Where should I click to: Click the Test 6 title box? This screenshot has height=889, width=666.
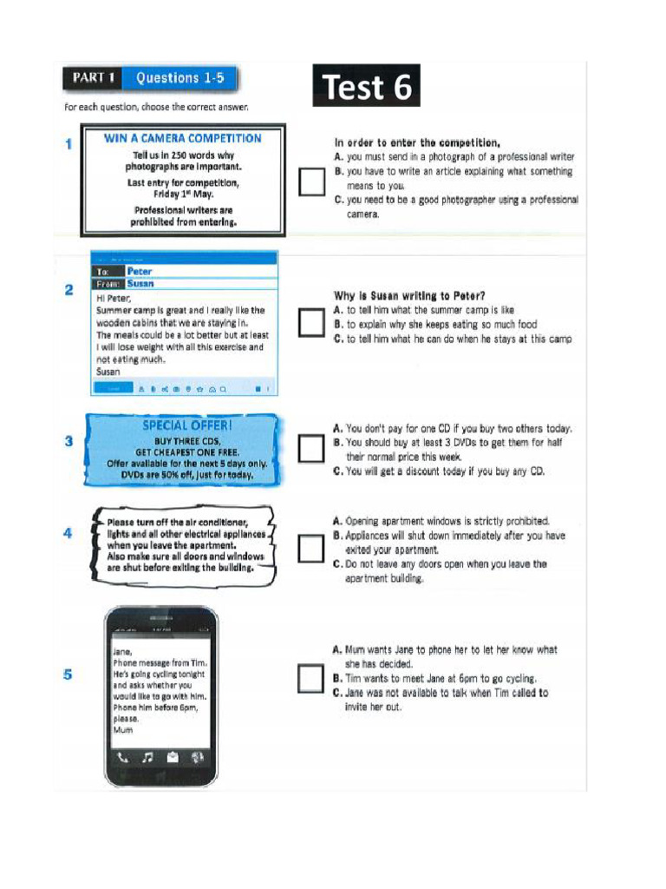pyautogui.click(x=366, y=87)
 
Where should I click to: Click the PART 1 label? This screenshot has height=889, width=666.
pyautogui.click(x=94, y=78)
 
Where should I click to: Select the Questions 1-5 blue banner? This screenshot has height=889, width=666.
pyautogui.click(x=180, y=78)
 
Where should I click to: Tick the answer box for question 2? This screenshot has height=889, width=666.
pyautogui.click(x=311, y=322)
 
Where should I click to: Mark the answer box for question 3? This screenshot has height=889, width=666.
pyautogui.click(x=311, y=449)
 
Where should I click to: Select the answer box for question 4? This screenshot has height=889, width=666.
pyautogui.click(x=311, y=548)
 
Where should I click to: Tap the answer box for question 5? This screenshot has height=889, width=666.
pyautogui.click(x=311, y=678)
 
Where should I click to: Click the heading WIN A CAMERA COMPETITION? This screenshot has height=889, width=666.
pyautogui.click(x=182, y=138)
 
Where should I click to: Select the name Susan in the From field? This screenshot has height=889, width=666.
pyautogui.click(x=140, y=283)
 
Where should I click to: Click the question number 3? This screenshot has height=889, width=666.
pyautogui.click(x=69, y=441)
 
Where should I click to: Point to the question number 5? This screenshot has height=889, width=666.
pyautogui.click(x=69, y=675)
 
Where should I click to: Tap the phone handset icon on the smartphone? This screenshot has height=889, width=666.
pyautogui.click(x=123, y=757)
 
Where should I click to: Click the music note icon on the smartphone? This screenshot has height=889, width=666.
pyautogui.click(x=147, y=757)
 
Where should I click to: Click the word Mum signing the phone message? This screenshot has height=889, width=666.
pyautogui.click(x=122, y=730)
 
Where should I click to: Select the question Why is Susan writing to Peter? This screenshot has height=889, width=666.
pyautogui.click(x=410, y=295)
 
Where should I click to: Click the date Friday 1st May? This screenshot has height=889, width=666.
pyautogui.click(x=183, y=194)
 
